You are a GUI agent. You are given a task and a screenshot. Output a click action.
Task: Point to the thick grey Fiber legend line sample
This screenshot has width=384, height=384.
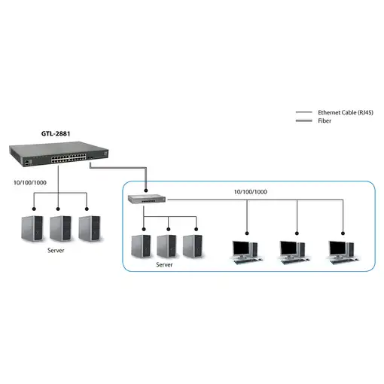[303, 120]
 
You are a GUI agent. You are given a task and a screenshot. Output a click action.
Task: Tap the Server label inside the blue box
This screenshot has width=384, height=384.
[164, 265]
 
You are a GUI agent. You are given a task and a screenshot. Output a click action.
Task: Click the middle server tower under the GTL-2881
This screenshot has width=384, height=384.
[61, 227]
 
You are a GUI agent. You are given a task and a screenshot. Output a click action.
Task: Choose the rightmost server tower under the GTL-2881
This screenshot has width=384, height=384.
[89, 227]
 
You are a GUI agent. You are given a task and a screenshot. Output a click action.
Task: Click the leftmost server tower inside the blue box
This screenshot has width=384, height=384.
[140, 245]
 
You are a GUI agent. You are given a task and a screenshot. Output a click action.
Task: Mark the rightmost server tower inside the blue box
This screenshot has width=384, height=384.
[192, 245]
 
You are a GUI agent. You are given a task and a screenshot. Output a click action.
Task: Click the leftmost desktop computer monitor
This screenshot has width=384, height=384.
[244, 248]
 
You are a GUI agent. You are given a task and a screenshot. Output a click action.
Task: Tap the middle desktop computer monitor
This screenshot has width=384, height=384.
[293, 248]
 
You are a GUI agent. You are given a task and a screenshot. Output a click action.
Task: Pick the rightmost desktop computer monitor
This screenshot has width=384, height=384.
[342, 248]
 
